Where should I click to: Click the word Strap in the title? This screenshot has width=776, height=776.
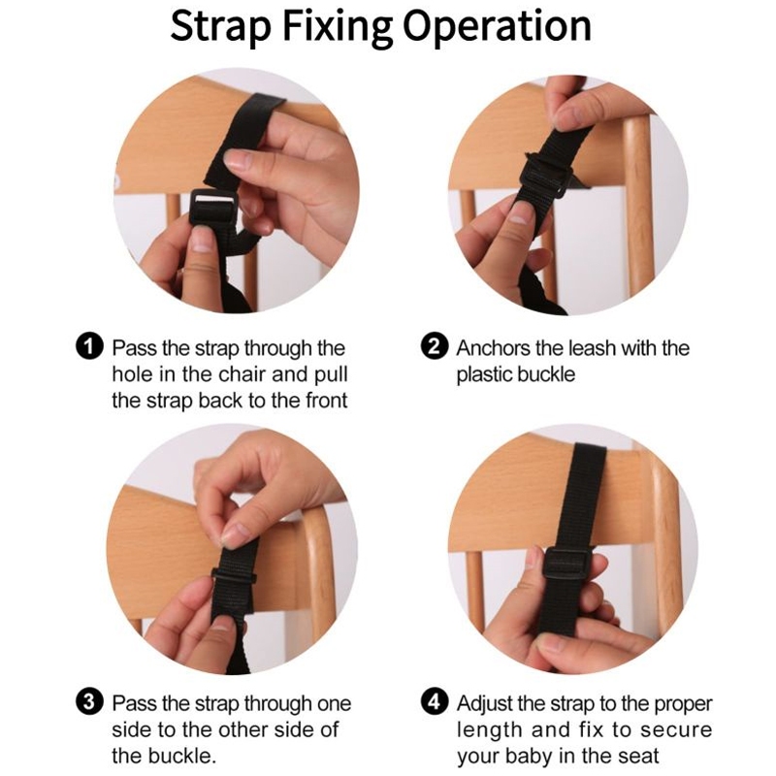(x=220, y=26)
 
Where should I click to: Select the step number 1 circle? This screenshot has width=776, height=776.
(x=89, y=346)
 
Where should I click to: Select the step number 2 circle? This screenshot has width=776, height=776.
(x=435, y=346)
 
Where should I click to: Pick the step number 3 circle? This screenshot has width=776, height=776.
(x=89, y=701)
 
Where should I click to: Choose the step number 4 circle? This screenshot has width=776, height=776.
(x=435, y=701)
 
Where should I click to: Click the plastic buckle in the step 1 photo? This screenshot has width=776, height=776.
(x=213, y=208)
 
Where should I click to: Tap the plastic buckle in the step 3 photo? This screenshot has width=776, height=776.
(x=234, y=576)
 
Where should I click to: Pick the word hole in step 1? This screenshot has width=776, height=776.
(x=133, y=374)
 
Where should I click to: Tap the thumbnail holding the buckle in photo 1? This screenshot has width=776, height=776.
(x=202, y=244)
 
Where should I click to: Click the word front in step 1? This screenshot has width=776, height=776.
(x=327, y=401)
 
